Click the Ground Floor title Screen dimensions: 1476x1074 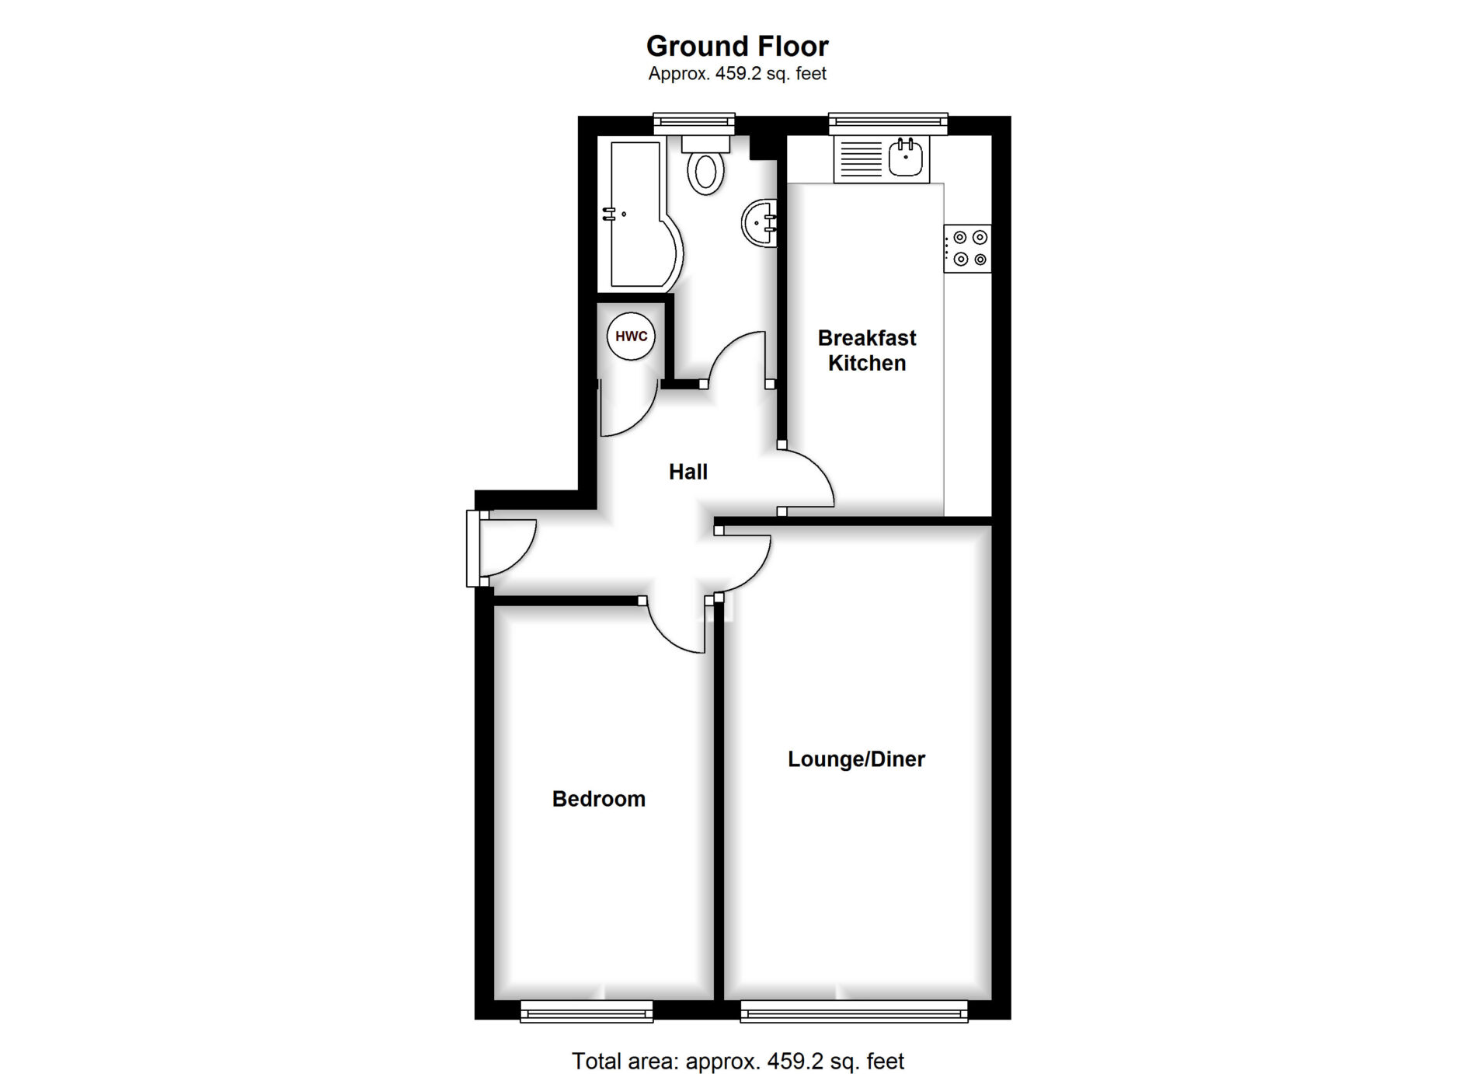[737, 47]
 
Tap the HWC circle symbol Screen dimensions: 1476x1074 [631, 336]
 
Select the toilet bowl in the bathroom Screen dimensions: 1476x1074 [705, 172]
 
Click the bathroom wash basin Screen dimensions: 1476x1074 [760, 224]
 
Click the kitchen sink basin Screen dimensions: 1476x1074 [906, 159]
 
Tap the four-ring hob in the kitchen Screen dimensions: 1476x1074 [968, 249]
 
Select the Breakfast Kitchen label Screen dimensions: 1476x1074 [867, 350]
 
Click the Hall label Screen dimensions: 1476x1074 [688, 472]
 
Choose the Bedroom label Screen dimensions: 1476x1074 [599, 799]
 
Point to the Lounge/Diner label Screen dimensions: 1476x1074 [856, 759]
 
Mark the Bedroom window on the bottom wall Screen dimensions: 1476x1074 [587, 1010]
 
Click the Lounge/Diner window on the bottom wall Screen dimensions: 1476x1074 [855, 1010]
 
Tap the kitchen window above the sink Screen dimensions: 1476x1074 [888, 124]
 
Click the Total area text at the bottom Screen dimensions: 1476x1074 [738, 1061]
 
